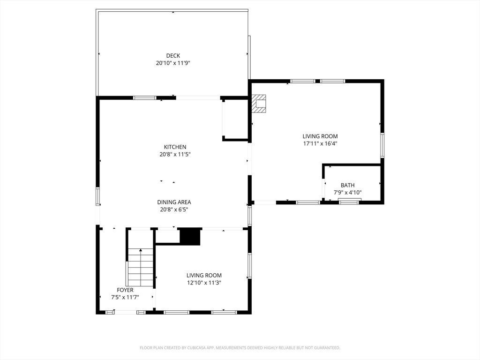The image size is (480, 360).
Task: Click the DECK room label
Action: pyautogui.click(x=173, y=56)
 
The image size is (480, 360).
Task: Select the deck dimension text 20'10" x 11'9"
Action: pyautogui.click(x=173, y=63)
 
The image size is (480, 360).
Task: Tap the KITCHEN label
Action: pyautogui.click(x=175, y=147)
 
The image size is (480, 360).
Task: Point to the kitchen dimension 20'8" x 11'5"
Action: pyautogui.click(x=175, y=154)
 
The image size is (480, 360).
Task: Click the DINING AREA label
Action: pyautogui.click(x=174, y=202)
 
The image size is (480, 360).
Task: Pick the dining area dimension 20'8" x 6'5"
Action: pyautogui.click(x=174, y=210)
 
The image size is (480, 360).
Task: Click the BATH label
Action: pyautogui.click(x=347, y=185)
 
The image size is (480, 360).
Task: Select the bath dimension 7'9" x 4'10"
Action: pyautogui.click(x=347, y=193)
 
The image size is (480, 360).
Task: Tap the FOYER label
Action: pyautogui.click(x=125, y=290)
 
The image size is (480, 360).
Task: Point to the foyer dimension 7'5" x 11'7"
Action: pyautogui.click(x=125, y=297)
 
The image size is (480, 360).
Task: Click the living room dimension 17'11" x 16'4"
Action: pyautogui.click(x=320, y=143)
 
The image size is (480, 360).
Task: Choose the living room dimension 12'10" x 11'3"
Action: pyautogui.click(x=204, y=283)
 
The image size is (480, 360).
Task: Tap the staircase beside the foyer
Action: pyautogui.click(x=141, y=267)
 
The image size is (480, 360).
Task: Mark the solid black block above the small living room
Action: pyautogui.click(x=190, y=237)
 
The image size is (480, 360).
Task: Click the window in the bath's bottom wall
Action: pyautogui.click(x=350, y=202)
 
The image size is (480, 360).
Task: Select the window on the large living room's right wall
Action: pyautogui.click(x=382, y=145)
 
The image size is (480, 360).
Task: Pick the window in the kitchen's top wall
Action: pyautogui.click(x=145, y=98)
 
